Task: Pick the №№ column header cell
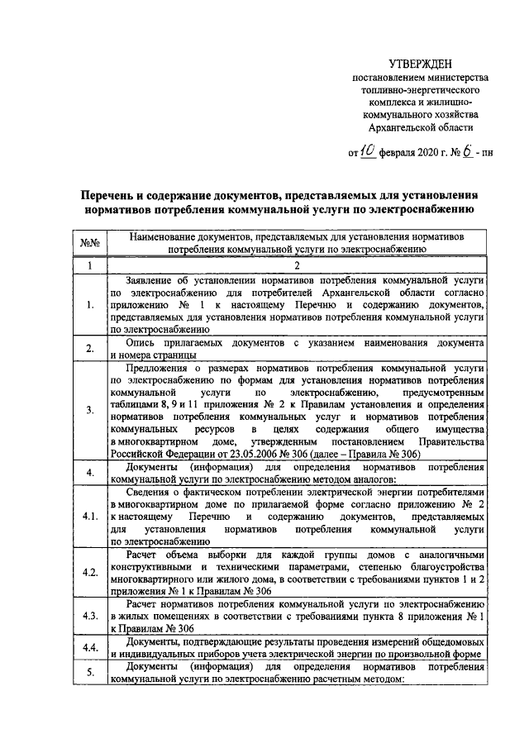[x=90, y=243]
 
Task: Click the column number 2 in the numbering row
[x=296, y=266]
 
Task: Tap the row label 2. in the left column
[x=90, y=349]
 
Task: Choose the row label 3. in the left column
[x=90, y=411]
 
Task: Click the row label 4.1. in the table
[x=90, y=517]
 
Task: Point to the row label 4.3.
[x=90, y=616]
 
